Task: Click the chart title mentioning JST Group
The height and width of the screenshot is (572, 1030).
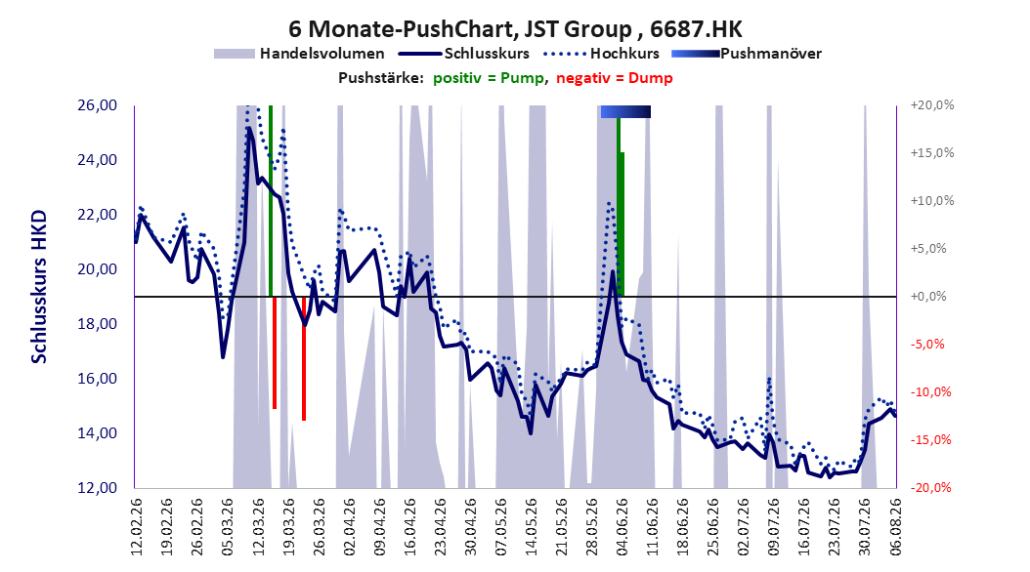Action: (515, 29)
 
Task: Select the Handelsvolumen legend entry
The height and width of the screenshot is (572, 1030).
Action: (299, 54)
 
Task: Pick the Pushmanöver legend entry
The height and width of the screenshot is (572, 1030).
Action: (747, 54)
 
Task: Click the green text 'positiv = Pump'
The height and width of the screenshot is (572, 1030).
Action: (488, 78)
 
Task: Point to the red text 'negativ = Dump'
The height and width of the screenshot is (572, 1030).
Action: (615, 78)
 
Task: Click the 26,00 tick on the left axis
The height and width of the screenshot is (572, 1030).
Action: (97, 105)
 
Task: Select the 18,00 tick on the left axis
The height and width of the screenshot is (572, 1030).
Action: (97, 324)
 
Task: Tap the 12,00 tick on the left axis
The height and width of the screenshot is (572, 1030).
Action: (97, 488)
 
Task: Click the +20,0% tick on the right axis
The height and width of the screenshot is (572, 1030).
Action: (932, 105)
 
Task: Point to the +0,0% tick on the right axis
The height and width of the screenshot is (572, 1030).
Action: (928, 297)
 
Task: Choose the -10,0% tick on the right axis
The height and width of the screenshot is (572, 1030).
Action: (930, 392)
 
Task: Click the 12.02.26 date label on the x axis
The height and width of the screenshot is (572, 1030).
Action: (137, 527)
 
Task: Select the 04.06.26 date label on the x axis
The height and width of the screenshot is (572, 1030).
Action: (622, 527)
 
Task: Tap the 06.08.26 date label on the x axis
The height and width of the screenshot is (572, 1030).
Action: (895, 527)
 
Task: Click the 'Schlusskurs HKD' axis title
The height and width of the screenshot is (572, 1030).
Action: (39, 287)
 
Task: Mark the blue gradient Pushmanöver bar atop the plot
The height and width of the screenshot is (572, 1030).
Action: (625, 111)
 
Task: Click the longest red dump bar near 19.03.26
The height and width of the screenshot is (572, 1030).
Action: (304, 358)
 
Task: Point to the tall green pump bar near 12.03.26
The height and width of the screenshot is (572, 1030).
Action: (270, 201)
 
